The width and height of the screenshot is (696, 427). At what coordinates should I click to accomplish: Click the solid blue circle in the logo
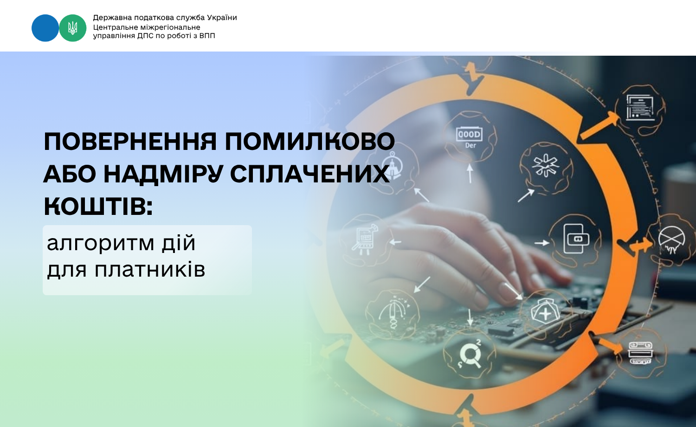45,28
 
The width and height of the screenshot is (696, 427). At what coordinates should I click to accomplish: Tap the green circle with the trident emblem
73,28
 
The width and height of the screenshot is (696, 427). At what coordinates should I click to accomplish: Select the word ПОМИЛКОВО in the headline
310,142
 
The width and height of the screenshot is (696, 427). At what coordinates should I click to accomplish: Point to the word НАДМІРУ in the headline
163,174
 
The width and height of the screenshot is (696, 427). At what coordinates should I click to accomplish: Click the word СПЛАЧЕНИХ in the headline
310,174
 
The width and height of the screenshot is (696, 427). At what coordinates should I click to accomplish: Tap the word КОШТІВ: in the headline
98,206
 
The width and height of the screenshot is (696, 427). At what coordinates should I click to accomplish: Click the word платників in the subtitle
150,270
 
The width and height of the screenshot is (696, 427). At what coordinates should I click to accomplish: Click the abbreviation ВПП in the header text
207,36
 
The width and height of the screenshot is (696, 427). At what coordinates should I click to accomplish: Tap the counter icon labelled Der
470,138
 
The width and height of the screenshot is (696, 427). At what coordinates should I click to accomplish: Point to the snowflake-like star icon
546,166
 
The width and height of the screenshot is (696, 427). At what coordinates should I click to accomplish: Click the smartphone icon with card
576,239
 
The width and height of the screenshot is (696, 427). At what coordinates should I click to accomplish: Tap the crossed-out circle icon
671,240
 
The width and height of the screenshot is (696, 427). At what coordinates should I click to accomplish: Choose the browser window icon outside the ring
640,108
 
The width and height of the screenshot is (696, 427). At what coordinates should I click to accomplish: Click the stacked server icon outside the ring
640,353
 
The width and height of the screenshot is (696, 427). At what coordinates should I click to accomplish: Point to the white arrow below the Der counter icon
470,173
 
